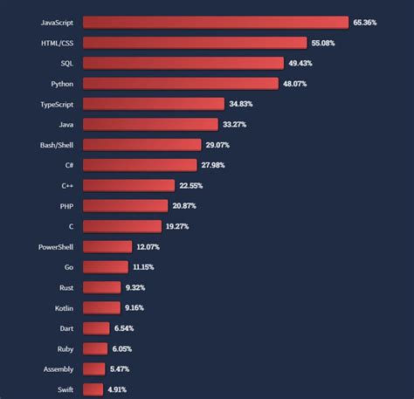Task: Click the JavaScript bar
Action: [x=215, y=22]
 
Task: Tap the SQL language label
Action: [x=67, y=63]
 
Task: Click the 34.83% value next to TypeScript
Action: [x=245, y=103]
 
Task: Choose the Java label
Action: [x=66, y=124]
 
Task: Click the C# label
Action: [x=68, y=165]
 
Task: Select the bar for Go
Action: [x=106, y=266]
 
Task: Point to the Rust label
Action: [x=66, y=287]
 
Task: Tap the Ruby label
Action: [x=65, y=348]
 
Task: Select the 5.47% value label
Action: [x=122, y=368]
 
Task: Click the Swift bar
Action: [x=93, y=389]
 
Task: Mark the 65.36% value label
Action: [x=364, y=22]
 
